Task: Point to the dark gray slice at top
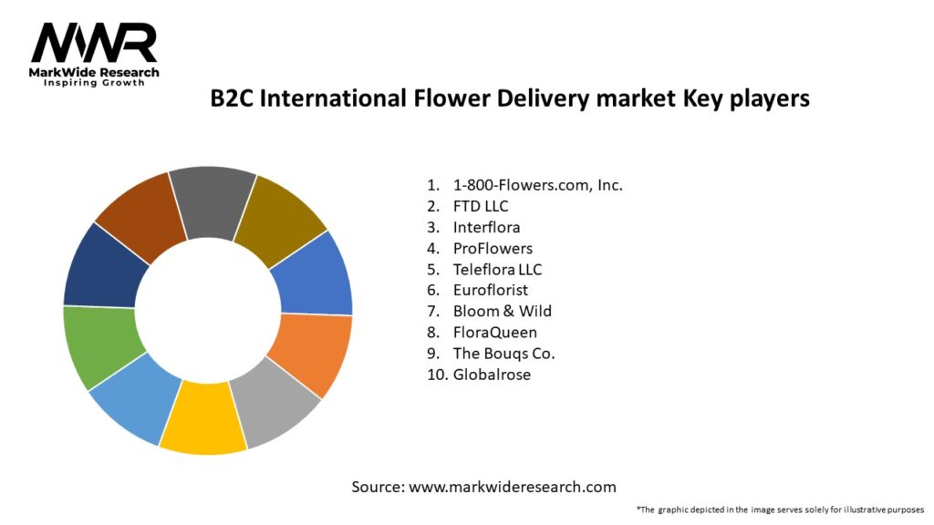click(213, 202)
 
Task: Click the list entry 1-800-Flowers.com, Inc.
click(537, 185)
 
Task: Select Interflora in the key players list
click(486, 227)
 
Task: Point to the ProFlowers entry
click(493, 248)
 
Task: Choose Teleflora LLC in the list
click(497, 269)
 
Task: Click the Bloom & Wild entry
click(502, 311)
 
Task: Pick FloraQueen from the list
click(494, 332)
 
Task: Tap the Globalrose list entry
click(492, 374)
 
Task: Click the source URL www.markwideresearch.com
click(512, 487)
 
